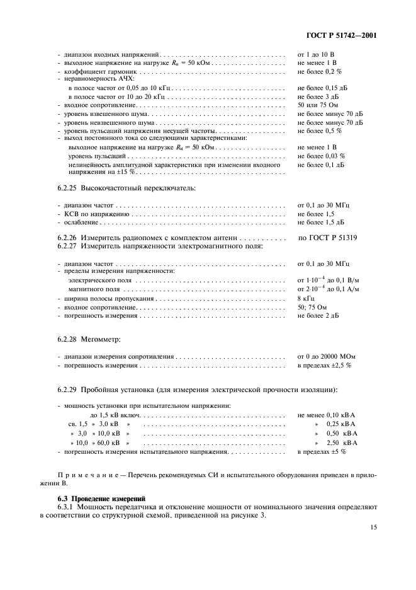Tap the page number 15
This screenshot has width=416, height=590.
(x=373, y=528)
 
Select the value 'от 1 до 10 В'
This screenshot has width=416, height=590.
(x=316, y=55)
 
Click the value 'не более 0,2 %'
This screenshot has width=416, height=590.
(x=319, y=72)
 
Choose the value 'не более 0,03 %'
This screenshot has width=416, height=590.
(x=321, y=155)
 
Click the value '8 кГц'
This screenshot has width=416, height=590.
(x=305, y=298)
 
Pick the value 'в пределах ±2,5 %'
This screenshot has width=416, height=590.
(x=324, y=365)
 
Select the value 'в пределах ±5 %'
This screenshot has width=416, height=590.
(x=321, y=452)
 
